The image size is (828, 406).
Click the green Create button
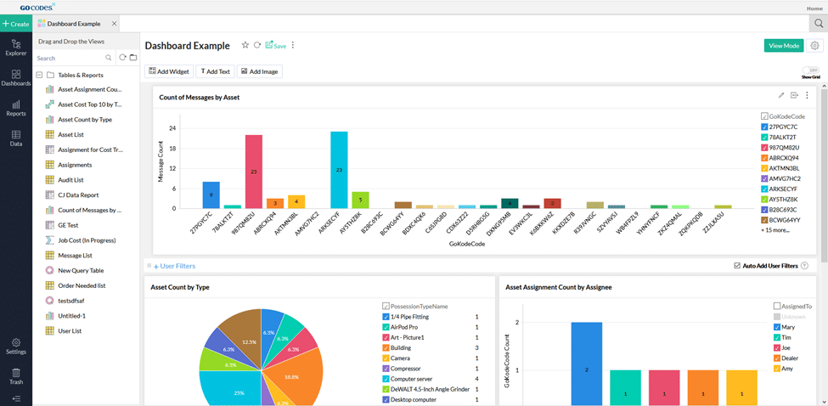[16, 24]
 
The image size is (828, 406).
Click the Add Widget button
[169, 71]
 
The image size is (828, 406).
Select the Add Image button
[260, 71]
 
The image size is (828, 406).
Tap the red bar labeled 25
[253, 171]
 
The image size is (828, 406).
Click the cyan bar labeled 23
[339, 169]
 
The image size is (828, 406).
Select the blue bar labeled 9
[211, 195]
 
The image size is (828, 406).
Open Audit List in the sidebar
[70, 180]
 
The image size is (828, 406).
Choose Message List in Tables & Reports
[75, 255]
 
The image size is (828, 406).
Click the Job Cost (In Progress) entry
[86, 240]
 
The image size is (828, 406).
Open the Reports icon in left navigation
[15, 108]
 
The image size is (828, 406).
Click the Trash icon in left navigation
[15, 376]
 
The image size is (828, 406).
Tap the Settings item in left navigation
[15, 346]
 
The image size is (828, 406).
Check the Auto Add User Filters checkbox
[736, 266]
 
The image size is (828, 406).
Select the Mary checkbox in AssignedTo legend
[777, 326]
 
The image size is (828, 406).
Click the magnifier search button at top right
[818, 24]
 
